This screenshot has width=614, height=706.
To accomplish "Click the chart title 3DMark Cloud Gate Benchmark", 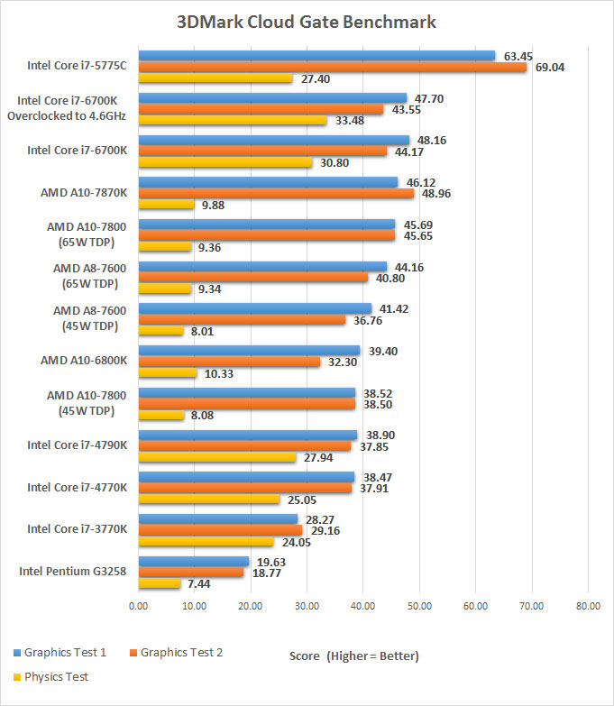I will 307,22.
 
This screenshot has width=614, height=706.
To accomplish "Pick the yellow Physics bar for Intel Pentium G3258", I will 160,583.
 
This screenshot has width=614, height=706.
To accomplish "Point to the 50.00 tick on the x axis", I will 419,606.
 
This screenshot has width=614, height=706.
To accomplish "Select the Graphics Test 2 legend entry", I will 181,653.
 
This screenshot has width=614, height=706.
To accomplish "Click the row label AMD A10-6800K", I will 84,361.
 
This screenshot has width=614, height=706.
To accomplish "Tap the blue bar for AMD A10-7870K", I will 268,182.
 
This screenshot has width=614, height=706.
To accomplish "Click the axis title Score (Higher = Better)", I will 354,655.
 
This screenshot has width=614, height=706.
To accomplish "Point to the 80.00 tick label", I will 587,606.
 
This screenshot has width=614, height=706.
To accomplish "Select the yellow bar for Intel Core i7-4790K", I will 216,457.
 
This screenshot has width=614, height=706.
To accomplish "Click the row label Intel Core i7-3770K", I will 77,529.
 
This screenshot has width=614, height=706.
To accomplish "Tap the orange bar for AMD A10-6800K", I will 229,362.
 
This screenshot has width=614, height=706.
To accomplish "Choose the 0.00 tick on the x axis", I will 139,606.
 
